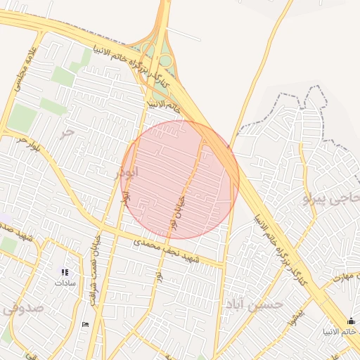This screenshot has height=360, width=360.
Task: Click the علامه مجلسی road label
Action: pyautogui.click(x=20, y=70)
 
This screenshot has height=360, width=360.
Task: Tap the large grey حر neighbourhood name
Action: pyautogui.click(x=67, y=131)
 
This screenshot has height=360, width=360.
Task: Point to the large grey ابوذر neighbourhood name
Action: pyautogui.click(x=129, y=171)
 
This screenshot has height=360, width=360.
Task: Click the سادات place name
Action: pyautogui.click(x=65, y=283)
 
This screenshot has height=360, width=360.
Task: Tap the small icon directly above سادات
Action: pyautogui.click(x=65, y=272)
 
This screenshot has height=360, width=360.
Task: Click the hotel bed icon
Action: pyautogui.click(x=85, y=324)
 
